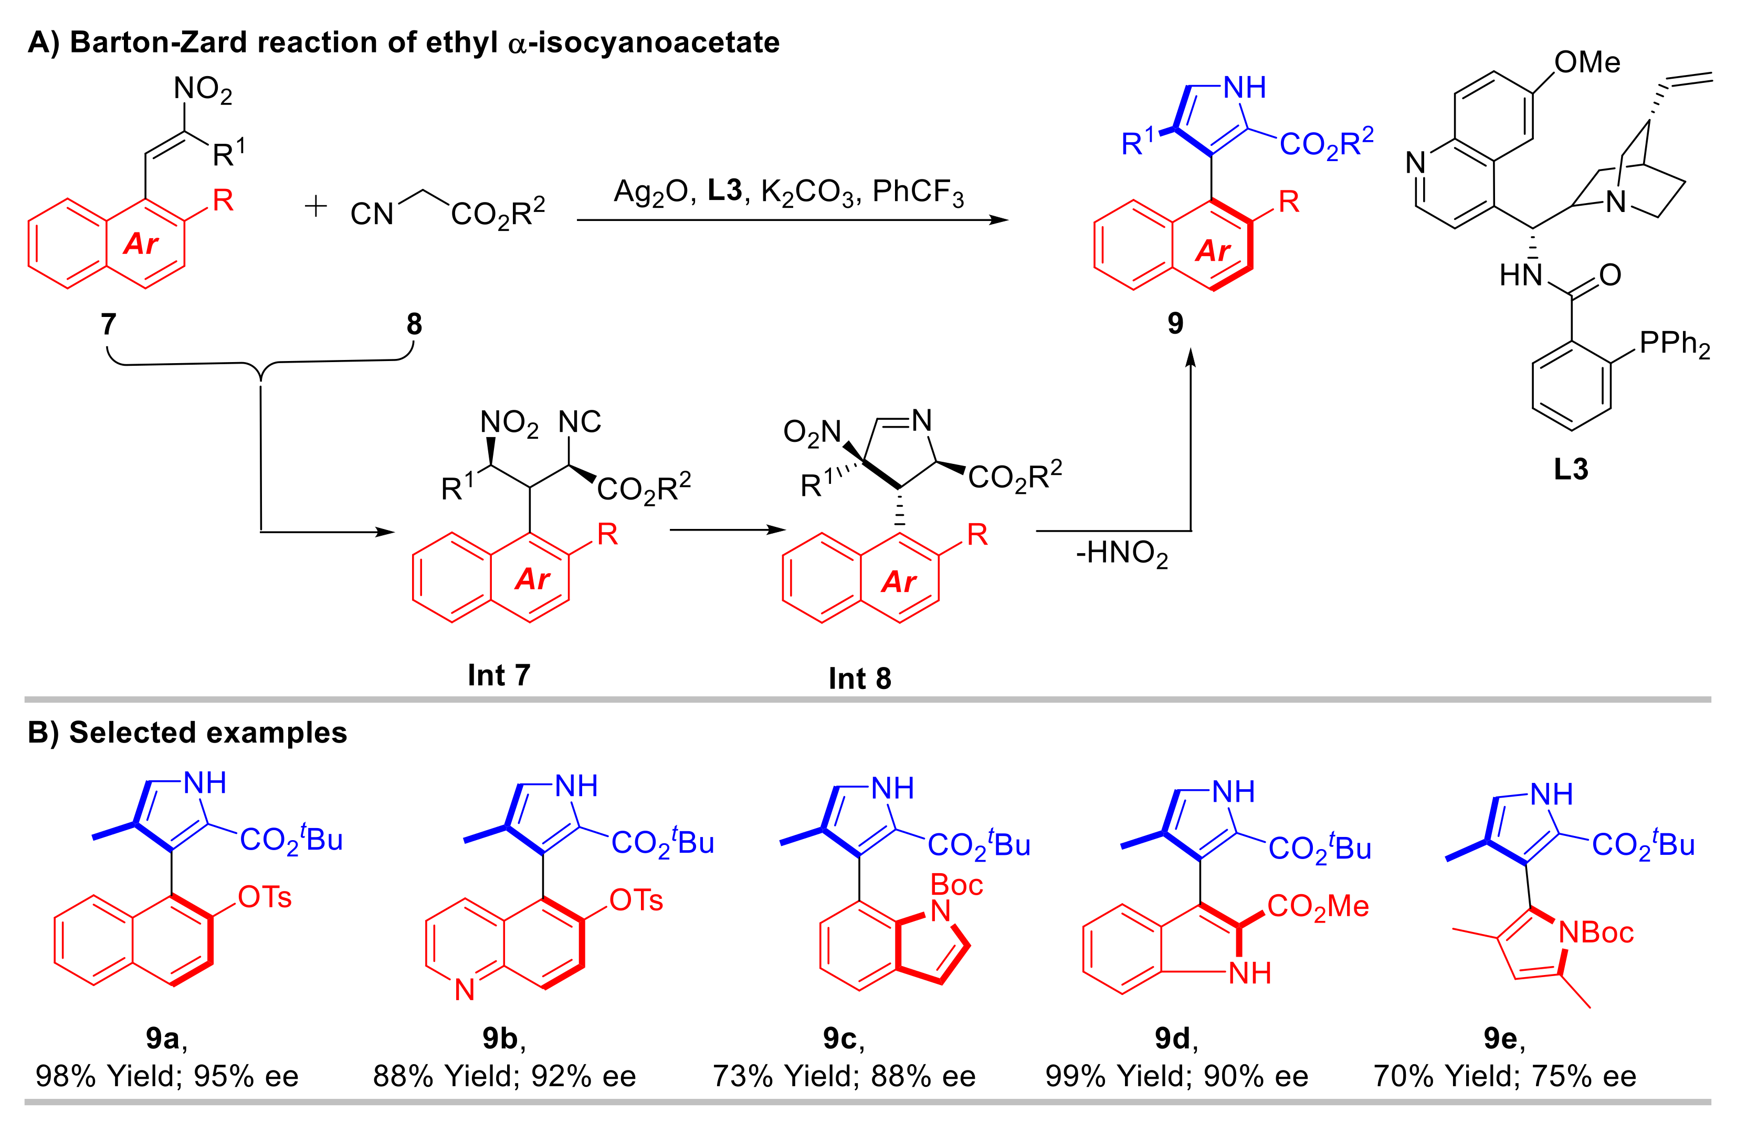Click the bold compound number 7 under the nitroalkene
tap(109, 324)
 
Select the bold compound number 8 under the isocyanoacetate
tap(415, 324)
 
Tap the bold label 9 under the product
tap(1175, 323)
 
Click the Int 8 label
tap(859, 678)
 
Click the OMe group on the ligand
tap(1587, 62)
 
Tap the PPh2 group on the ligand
tap(1675, 344)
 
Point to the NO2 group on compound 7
tap(203, 90)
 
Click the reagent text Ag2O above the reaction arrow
tap(650, 192)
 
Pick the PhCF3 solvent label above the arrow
tap(918, 192)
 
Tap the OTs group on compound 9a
tap(265, 897)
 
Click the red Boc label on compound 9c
tap(956, 885)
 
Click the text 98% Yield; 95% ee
tap(167, 1076)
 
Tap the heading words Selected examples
tap(208, 733)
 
